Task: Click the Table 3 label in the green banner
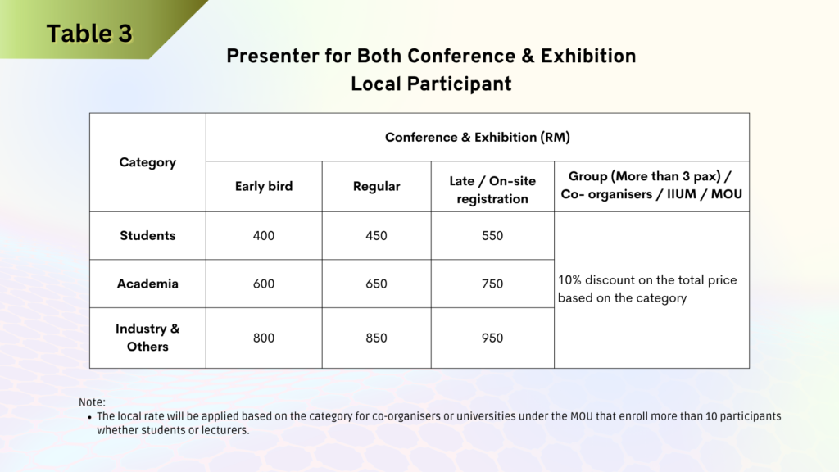89,33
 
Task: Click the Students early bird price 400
264,236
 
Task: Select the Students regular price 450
376,236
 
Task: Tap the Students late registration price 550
492,236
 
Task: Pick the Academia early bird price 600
264,284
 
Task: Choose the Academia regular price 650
376,284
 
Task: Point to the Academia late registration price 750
492,284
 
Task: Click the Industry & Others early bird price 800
264,338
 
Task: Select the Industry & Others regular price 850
376,338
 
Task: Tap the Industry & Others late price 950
492,338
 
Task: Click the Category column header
147,162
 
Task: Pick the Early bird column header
264,186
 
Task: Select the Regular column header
376,186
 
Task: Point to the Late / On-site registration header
492,190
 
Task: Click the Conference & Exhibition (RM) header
478,138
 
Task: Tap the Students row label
147,235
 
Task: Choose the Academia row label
147,284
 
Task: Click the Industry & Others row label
147,338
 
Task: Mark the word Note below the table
92,402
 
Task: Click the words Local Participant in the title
431,84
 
